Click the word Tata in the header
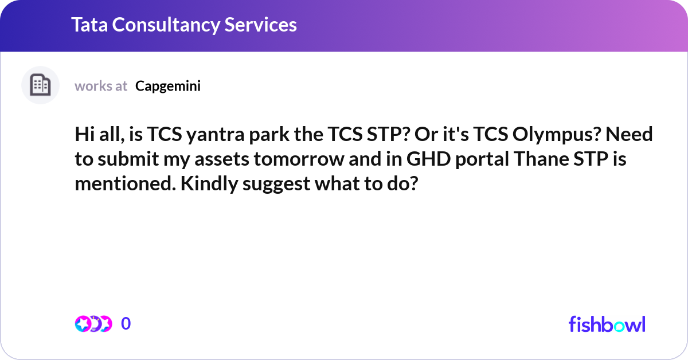[89, 25]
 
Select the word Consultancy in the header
[166, 25]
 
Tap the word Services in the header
[260, 25]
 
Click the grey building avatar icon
[40, 85]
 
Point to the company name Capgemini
[168, 87]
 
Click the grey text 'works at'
[101, 86]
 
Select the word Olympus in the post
[556, 135]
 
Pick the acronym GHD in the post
[428, 159]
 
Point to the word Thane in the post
[541, 159]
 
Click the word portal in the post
[482, 160]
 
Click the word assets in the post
[222, 159]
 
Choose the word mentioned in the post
[126, 183]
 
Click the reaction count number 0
[126, 323]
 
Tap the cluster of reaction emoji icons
[93, 324]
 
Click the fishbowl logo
[607, 324]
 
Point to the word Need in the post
[629, 135]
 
